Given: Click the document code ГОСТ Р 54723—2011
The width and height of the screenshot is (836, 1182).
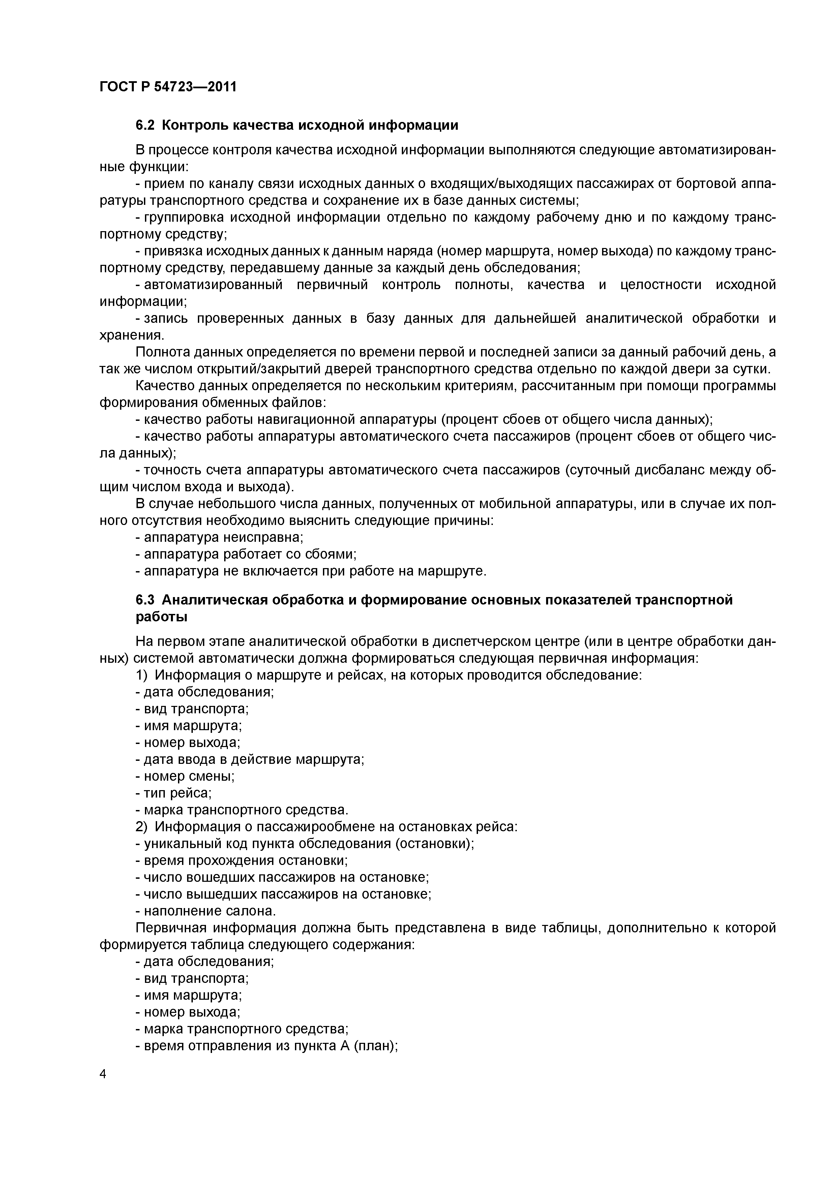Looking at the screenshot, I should coord(168,87).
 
